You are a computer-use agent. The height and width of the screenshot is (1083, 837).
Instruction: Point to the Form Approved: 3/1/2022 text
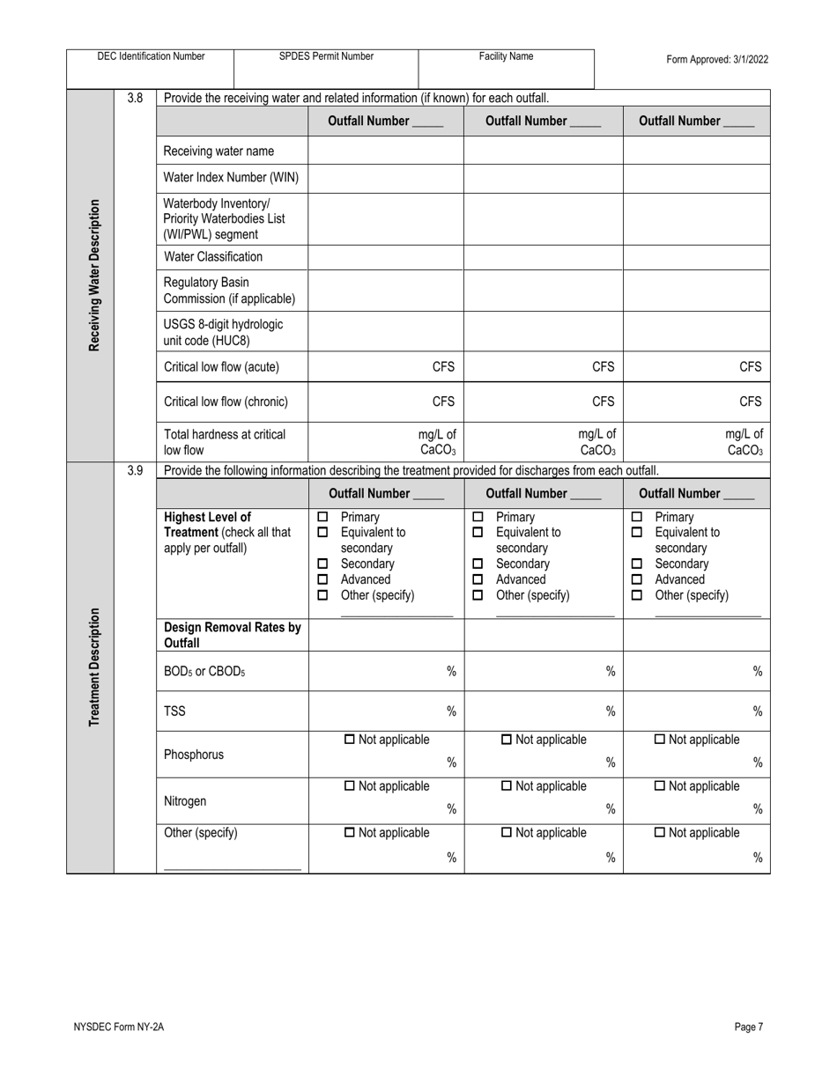(x=717, y=60)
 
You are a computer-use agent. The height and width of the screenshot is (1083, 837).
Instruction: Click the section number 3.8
(x=135, y=98)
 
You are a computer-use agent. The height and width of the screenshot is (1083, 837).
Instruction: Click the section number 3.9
(x=135, y=470)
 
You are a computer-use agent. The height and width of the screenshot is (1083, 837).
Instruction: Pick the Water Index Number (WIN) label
(x=231, y=178)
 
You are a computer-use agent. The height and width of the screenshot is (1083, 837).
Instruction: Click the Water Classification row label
(x=213, y=257)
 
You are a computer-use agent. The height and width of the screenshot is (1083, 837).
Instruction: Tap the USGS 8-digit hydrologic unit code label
(x=224, y=332)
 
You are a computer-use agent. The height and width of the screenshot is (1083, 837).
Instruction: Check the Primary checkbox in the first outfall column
(x=322, y=517)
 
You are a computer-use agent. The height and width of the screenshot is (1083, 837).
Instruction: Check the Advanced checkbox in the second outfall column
(x=478, y=579)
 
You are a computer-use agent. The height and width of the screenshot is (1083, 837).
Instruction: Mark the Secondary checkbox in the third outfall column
(x=637, y=564)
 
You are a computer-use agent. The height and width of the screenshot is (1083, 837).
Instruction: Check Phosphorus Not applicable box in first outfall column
(x=350, y=740)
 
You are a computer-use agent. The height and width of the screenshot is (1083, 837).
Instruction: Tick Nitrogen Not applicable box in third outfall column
(x=660, y=786)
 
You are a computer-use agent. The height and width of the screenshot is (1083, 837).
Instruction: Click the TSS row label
(x=174, y=711)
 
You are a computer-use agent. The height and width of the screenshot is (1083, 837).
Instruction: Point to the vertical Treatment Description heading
(x=93, y=667)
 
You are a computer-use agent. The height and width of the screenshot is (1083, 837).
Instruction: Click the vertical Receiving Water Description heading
(x=93, y=275)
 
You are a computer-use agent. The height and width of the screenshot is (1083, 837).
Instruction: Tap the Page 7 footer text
(x=748, y=1026)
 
